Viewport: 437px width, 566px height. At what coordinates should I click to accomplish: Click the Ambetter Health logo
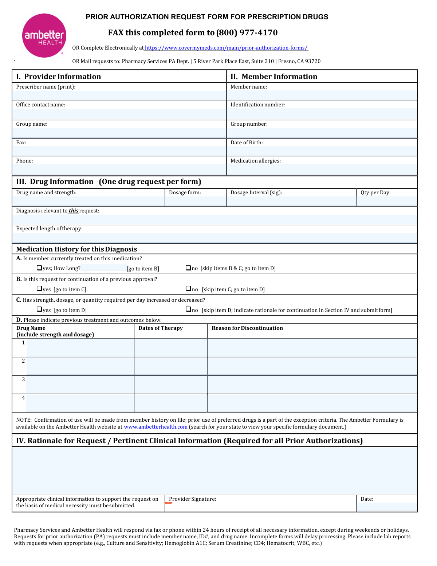pyautogui.click(x=44, y=35)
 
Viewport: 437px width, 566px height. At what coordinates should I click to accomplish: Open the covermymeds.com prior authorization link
pyautogui.click(x=226, y=48)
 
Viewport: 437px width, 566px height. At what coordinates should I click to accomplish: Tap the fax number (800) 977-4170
pyautogui.click(x=247, y=33)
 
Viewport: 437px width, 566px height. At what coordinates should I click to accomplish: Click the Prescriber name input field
pyautogui.click(x=119, y=95)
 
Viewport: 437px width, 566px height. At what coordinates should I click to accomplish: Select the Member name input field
pyautogui.click(x=322, y=95)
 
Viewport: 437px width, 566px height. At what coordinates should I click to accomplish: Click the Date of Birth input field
pyautogui.click(x=322, y=151)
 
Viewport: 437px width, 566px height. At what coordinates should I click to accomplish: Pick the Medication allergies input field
pyautogui.click(x=322, y=169)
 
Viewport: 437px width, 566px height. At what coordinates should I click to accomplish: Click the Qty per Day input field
pyautogui.click(x=387, y=201)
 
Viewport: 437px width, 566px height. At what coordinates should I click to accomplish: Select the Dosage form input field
pyautogui.click(x=196, y=201)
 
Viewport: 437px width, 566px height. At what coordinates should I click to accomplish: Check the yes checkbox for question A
pyautogui.click(x=39, y=268)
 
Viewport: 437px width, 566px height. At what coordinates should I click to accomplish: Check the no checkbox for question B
pyautogui.click(x=189, y=289)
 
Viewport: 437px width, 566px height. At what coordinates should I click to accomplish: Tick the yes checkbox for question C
pyautogui.click(x=39, y=309)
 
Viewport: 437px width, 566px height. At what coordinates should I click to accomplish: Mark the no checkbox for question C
pyautogui.click(x=189, y=309)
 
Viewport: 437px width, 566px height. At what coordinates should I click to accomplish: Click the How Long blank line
pyautogui.click(x=103, y=269)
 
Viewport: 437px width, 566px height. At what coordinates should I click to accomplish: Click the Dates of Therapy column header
pyautogui.click(x=161, y=328)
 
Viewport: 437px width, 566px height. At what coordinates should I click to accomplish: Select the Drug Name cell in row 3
pyautogui.click(x=80, y=385)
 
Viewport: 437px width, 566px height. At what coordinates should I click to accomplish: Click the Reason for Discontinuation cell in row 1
pyautogui.click(x=312, y=348)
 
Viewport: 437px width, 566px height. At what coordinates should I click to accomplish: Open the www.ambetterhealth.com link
pyautogui.click(x=155, y=427)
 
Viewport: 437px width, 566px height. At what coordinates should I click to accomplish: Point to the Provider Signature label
pyautogui.click(x=192, y=499)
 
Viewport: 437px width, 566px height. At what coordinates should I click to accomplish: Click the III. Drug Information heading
pyautogui.click(x=55, y=181)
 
